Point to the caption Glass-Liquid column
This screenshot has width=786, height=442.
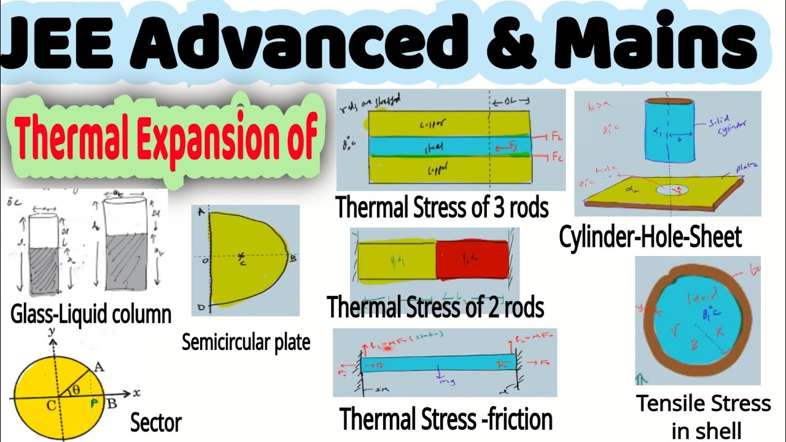tap(91, 314)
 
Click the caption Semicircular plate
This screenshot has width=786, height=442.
tap(246, 343)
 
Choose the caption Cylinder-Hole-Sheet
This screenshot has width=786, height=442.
tap(650, 237)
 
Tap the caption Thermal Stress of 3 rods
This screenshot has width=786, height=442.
tap(442, 207)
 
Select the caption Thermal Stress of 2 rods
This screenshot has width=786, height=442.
tap(436, 307)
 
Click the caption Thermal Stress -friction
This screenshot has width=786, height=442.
tap(446, 420)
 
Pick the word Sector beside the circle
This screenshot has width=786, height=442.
tap(156, 422)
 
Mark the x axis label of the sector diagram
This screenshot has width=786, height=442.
tap(136, 391)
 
